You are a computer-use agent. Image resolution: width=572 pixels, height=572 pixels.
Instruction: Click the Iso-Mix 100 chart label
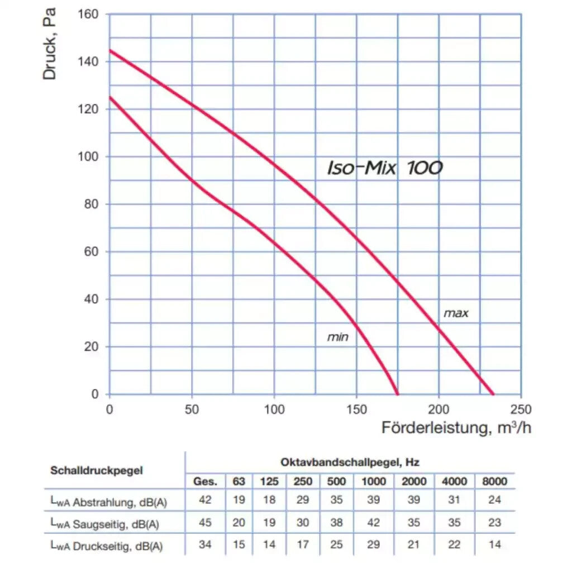click(385, 168)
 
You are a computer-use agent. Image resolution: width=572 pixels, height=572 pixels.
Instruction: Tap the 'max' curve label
click(456, 313)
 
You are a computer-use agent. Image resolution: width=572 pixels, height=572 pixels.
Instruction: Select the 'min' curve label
click(337, 337)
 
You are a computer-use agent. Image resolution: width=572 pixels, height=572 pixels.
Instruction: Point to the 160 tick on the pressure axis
click(90, 14)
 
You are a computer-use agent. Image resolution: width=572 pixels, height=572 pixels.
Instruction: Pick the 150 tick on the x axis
click(356, 410)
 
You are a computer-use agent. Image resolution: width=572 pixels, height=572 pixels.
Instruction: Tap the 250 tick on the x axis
click(521, 410)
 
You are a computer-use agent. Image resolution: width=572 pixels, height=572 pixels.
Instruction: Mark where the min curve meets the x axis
click(398, 393)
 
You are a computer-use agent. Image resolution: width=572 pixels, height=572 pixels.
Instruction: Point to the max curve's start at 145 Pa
click(110, 50)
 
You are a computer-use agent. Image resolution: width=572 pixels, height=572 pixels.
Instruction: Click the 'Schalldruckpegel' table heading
click(97, 470)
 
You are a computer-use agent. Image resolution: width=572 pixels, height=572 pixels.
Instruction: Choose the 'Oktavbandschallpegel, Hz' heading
click(350, 463)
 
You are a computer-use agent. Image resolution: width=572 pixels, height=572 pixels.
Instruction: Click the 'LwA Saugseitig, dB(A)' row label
click(105, 524)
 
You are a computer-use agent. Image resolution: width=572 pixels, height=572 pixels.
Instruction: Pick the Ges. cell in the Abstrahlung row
click(205, 500)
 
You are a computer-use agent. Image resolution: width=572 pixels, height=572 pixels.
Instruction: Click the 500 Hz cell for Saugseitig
click(336, 523)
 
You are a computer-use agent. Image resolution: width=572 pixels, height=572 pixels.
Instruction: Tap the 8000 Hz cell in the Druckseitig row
click(494, 545)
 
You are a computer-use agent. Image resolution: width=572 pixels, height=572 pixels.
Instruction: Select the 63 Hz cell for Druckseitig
click(239, 545)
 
